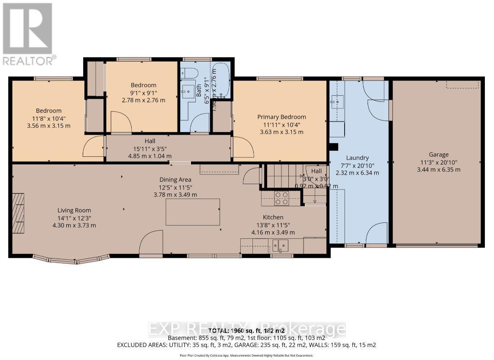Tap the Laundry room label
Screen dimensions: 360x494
pyautogui.click(x=357, y=158)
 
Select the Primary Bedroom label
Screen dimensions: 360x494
pyautogui.click(x=281, y=117)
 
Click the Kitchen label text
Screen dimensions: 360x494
pyautogui.click(x=273, y=217)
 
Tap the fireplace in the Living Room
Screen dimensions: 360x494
pyautogui.click(x=19, y=213)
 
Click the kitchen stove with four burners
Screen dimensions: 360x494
pyautogui.click(x=282, y=198)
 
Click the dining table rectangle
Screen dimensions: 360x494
pyautogui.click(x=193, y=212)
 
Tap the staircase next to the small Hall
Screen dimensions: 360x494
pyautogui.click(x=284, y=176)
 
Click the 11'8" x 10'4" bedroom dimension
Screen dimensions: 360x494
pyautogui.click(x=48, y=118)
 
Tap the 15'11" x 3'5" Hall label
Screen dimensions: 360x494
pyautogui.click(x=150, y=149)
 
